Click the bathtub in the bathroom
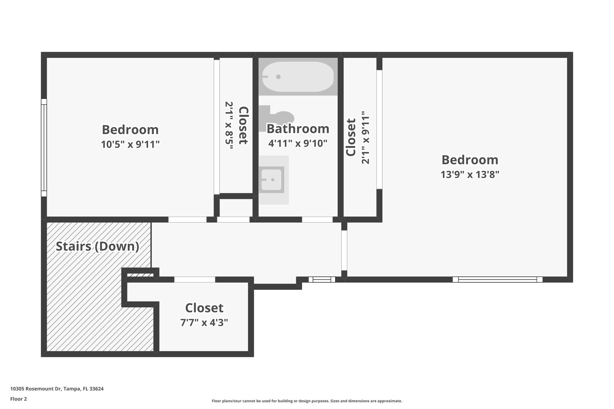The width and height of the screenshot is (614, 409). click(x=298, y=77)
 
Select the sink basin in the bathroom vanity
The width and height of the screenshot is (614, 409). click(x=272, y=180)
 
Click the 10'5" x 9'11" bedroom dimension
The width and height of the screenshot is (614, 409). click(x=130, y=144)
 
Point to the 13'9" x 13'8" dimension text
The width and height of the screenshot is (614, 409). click(x=470, y=174)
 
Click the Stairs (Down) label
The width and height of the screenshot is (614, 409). click(x=97, y=246)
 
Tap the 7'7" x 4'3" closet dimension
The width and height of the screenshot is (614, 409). click(x=204, y=323)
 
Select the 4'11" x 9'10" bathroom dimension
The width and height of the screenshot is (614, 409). click(x=298, y=144)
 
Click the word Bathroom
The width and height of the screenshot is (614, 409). click(x=298, y=129)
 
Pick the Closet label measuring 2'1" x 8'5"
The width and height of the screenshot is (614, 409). click(x=243, y=126)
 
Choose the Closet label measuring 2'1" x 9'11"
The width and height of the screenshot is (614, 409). click(x=351, y=138)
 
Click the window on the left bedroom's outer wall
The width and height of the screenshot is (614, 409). click(x=44, y=147)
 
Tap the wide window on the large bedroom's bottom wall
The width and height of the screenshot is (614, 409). click(x=497, y=280)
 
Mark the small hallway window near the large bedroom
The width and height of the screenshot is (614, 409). click(x=322, y=280)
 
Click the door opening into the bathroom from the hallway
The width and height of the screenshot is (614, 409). click(x=317, y=219)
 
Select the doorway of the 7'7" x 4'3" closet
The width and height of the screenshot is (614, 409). click(x=195, y=280)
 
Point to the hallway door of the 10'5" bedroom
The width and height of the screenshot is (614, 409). click(x=187, y=219)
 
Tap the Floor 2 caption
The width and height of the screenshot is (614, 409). click(x=19, y=399)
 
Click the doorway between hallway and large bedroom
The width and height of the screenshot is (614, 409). click(x=344, y=250)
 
